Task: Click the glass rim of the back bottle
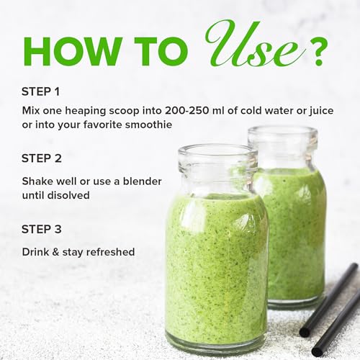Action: coord(282,132)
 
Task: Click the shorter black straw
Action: coord(342,325)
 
